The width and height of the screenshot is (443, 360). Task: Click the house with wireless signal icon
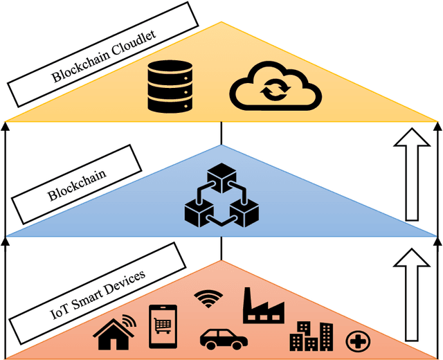[116, 330]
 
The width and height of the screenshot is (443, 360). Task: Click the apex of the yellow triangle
[221, 23]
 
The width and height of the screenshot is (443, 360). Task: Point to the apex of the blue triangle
[221, 145]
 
